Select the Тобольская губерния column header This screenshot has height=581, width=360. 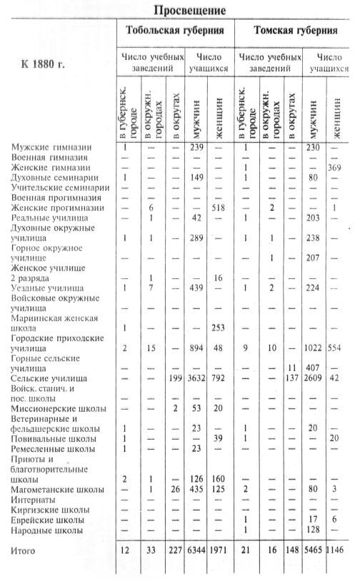(175, 31)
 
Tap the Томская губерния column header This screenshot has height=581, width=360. (296, 31)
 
